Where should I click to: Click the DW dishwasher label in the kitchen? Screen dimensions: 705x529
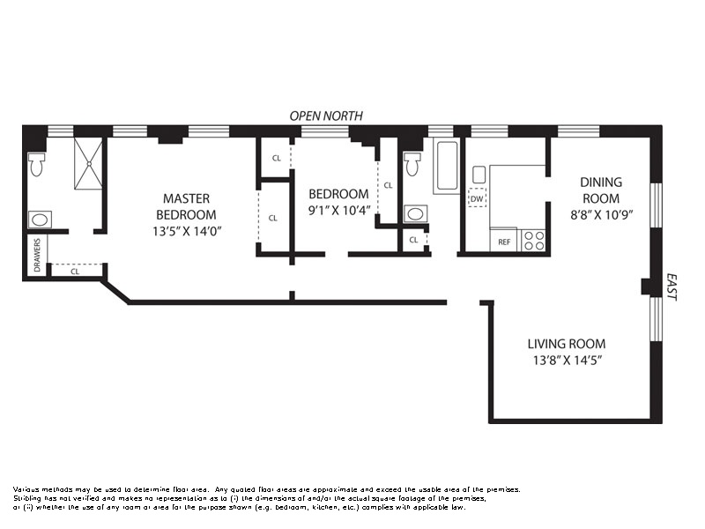point(477,198)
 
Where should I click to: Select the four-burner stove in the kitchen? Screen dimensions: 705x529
point(534,240)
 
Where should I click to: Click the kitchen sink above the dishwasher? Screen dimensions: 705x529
point(479,175)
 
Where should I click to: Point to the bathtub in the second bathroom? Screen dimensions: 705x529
point(447,166)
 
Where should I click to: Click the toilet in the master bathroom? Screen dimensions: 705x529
point(35,165)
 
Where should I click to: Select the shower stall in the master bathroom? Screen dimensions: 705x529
point(89,163)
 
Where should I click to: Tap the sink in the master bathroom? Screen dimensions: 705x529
point(40,220)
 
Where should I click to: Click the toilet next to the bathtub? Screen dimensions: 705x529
point(412,164)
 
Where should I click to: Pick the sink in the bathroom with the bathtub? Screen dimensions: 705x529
point(415,214)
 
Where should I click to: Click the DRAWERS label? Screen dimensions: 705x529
point(37,255)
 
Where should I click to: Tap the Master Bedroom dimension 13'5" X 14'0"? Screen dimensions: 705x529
point(187,231)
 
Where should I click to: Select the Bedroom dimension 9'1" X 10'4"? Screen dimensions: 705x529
point(339,211)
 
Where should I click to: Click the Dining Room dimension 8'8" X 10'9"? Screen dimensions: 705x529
point(602,215)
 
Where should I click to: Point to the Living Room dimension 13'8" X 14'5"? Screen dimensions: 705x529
point(568,361)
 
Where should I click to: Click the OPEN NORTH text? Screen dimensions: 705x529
point(326,116)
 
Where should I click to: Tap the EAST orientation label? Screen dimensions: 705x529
point(672,287)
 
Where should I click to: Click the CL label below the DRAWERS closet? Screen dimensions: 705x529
point(75,272)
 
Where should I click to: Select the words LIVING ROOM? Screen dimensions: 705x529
point(567,344)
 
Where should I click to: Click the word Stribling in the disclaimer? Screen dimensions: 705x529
point(27,498)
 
